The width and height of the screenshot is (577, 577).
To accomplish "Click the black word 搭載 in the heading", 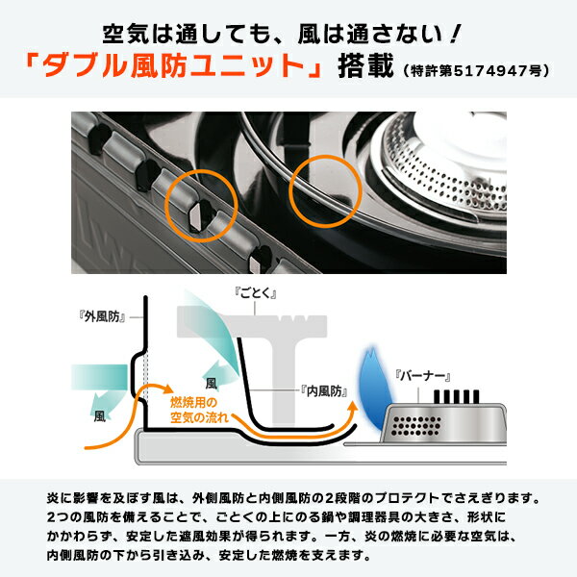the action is tap(365, 65).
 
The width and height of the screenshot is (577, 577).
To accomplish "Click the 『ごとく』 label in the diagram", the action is tap(255, 293).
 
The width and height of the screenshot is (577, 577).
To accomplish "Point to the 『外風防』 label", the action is tap(102, 316).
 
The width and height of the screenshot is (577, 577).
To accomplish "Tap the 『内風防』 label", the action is tap(324, 391).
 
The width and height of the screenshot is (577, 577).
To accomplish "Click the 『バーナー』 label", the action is tap(422, 376).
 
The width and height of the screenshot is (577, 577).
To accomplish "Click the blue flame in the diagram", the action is tap(373, 389).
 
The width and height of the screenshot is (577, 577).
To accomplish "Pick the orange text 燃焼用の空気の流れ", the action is tap(199, 410).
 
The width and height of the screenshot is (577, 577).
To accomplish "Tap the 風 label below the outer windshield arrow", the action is tap(100, 416).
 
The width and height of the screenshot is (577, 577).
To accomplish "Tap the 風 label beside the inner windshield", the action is tap(212, 384).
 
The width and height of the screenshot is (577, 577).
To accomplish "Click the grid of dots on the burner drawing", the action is tap(415, 426).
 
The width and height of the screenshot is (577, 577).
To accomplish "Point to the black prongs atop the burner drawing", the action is tap(456, 396).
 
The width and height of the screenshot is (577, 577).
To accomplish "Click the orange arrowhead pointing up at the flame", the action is tap(353, 406).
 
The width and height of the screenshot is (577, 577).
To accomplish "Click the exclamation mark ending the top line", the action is tap(456, 34).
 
